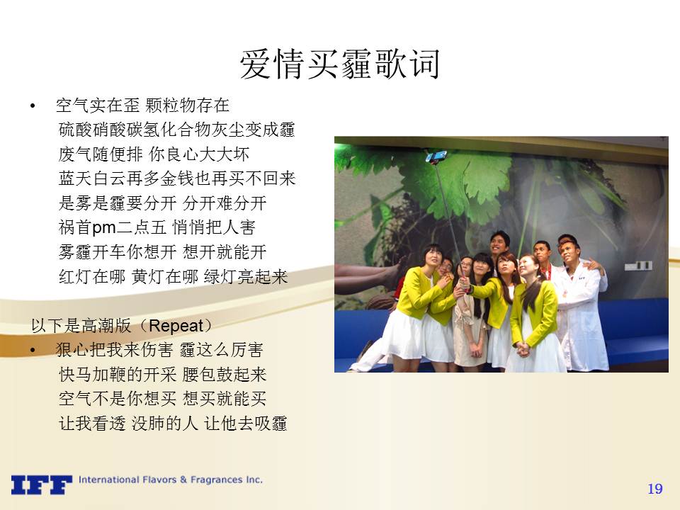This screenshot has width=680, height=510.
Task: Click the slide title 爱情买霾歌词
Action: click(339, 64)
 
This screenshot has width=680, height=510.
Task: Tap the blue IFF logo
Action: click(41, 484)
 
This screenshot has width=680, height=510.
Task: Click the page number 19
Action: click(654, 489)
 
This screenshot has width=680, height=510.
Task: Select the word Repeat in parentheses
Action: click(176, 326)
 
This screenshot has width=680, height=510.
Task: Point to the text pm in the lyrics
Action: click(104, 227)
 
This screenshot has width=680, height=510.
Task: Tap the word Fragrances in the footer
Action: click(217, 480)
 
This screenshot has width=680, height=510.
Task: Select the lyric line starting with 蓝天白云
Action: click(177, 178)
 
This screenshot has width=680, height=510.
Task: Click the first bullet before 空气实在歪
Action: click(33, 106)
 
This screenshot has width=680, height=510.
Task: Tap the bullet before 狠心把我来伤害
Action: click(33, 350)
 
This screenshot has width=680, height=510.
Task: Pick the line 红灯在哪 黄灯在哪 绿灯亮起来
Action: click(173, 276)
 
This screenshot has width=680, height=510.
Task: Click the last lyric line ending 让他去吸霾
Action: click(173, 424)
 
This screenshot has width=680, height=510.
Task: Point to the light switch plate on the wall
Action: click(638, 265)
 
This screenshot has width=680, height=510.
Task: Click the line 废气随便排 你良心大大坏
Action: click(154, 154)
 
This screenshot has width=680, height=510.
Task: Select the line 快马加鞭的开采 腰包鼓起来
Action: click(162, 374)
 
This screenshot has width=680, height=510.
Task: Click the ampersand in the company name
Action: click(183, 480)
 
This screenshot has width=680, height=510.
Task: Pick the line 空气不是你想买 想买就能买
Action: click(162, 399)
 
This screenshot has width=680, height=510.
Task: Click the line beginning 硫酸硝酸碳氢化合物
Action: click(176, 129)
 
